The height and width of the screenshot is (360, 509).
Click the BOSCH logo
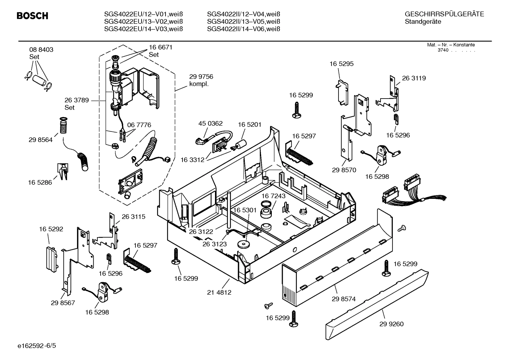coord(32,16)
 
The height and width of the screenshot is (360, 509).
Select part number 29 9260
coord(391,324)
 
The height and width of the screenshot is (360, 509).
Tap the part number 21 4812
coord(219,292)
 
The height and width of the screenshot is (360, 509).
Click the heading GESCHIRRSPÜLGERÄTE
coord(444,14)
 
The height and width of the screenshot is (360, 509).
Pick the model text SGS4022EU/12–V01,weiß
coord(143,14)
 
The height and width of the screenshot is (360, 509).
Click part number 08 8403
coord(41,50)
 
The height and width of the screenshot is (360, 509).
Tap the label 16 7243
coord(274,196)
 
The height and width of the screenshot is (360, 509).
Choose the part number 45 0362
coord(210,123)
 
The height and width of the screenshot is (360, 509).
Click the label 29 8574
coord(343,299)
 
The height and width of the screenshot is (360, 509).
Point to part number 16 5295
coord(341,64)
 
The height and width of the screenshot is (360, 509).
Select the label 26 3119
coord(414,78)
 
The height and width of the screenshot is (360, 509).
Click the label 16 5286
coord(40,182)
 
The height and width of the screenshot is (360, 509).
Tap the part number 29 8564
coord(41,140)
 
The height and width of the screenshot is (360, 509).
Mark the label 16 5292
coord(51,229)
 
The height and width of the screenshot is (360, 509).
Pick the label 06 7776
coord(139,125)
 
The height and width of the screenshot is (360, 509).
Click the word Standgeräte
coord(423,22)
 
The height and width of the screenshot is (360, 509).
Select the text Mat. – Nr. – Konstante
coord(451,45)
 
